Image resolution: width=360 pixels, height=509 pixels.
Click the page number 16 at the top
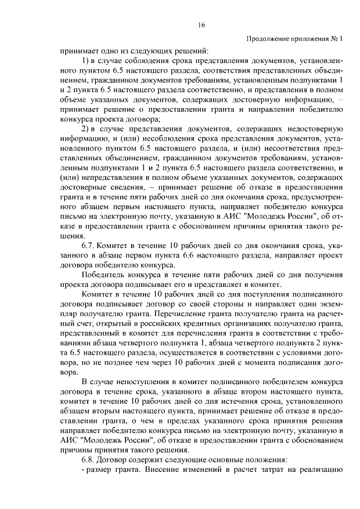pyautogui.click(x=201, y=25)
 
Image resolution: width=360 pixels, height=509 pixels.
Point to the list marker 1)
pyautogui.click(x=87, y=61)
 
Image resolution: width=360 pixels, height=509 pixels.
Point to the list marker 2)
pyautogui.click(x=87, y=129)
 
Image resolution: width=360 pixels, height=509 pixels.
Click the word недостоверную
pyautogui.click(x=315, y=129)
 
